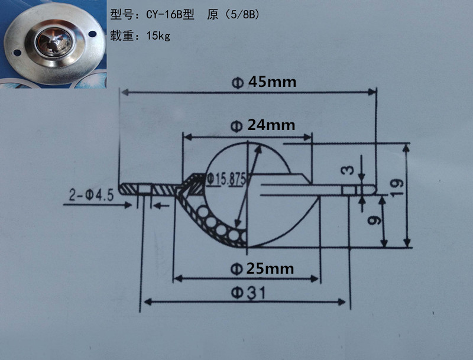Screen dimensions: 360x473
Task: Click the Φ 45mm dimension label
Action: pos(264,82)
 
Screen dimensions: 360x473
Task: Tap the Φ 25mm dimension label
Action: pos(262,269)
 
